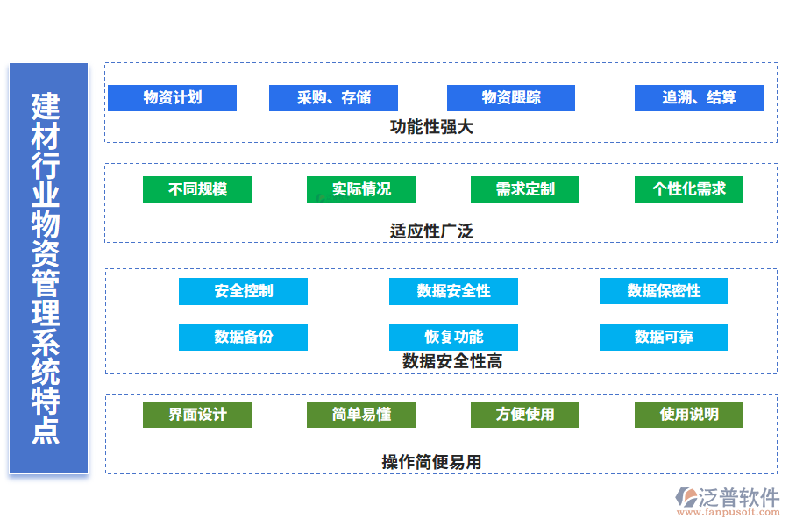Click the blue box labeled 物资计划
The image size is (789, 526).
coord(172,98)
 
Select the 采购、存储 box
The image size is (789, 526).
coord(333,98)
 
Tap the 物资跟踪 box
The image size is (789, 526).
coord(510,98)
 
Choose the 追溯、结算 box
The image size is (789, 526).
coord(699,98)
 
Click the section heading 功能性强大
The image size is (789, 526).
coord(431,127)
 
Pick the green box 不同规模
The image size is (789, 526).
coord(197,189)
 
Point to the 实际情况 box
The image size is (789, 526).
coord(361,189)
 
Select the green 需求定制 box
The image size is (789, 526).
coord(524,189)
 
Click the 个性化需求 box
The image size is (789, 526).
coord(688,189)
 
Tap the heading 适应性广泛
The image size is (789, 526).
coord(431,231)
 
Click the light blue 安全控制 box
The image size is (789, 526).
coord(243,291)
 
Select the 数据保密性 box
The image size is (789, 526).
coord(664,291)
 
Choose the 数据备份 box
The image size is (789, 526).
coord(243,338)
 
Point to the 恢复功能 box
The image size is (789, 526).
coord(453,338)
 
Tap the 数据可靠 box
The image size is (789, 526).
coord(664,338)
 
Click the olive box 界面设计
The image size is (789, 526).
coord(197,415)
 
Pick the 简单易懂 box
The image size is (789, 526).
coord(361,415)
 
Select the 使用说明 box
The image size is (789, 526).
coord(688,415)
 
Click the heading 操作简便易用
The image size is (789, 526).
coord(431,462)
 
